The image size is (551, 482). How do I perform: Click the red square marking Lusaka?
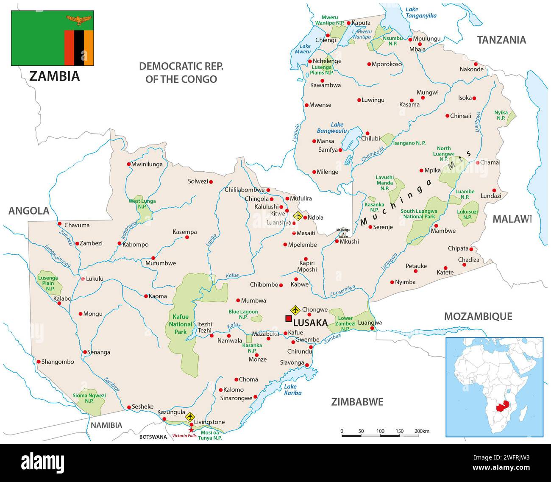(x=289, y=319)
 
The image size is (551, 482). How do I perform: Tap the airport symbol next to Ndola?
(x=298, y=216)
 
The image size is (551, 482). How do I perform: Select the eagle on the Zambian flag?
(x=79, y=19)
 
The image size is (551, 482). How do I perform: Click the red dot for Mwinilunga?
(x=128, y=164)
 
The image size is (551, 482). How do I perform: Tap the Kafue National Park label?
(x=181, y=324)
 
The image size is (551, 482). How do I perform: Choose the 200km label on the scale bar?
(x=422, y=431)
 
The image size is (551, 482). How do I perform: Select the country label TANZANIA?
(x=501, y=40)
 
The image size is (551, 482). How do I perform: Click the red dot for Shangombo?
(x=39, y=362)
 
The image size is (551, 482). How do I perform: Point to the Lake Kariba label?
(x=292, y=390)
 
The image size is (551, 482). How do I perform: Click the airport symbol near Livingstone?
(x=190, y=417)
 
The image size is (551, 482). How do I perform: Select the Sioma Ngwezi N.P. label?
(x=89, y=398)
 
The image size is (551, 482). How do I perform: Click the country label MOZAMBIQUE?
(x=478, y=316)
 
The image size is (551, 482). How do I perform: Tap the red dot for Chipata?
(x=471, y=249)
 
